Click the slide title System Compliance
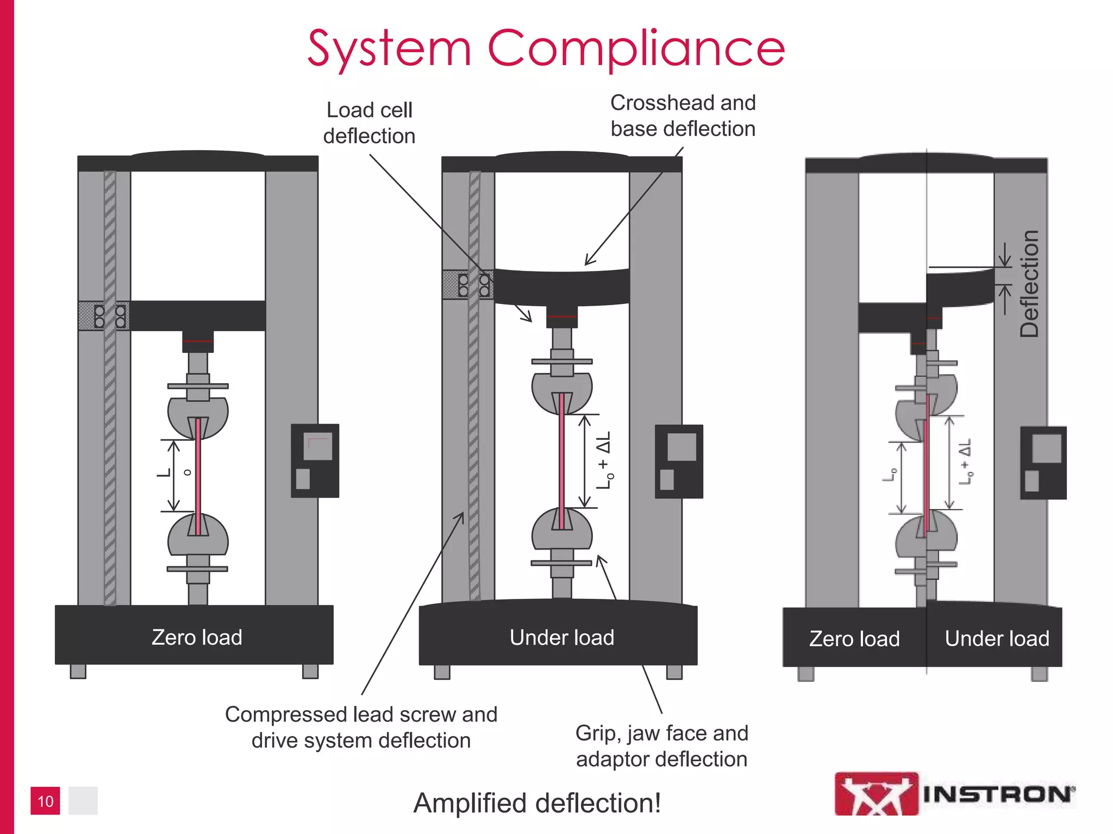click(546, 49)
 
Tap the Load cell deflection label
click(369, 123)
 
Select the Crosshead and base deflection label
click(683, 116)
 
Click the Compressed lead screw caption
click(361, 728)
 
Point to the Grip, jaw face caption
click(661, 746)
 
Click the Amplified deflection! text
click(537, 803)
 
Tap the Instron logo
click(954, 794)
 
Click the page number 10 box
click(45, 801)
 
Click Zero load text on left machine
click(197, 637)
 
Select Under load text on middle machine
click(561, 637)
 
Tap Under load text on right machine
click(997, 639)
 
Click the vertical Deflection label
click(1029, 283)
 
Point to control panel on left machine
click(315, 460)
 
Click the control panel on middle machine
click(678, 462)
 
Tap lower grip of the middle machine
click(561, 529)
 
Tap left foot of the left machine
click(78, 671)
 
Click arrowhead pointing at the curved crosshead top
click(588, 262)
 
